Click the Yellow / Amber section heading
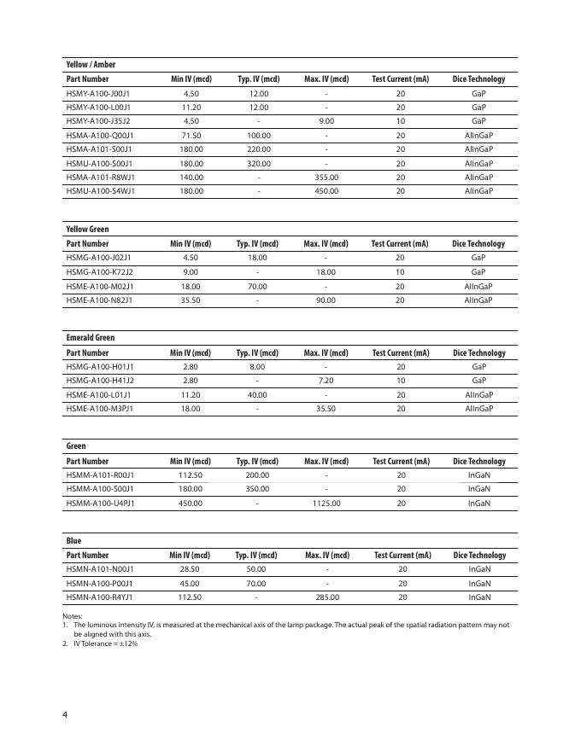pos(91,65)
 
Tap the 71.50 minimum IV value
pos(191,135)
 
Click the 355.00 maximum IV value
pos(326,177)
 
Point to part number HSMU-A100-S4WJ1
pos(100,191)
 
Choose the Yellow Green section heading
pos(88,229)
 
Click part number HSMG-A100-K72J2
pos(99,271)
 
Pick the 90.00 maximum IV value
pos(326,300)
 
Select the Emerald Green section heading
pos(91,338)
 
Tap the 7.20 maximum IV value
pos(326,381)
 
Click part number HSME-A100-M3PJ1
pos(100,409)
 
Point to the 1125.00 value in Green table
pos(326,504)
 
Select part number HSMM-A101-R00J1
pos(100,475)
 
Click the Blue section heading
pos(74,541)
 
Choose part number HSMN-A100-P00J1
pos(100,584)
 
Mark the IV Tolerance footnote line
pos(103,643)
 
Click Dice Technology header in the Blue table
pos(479,556)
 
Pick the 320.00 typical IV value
pos(258,163)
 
